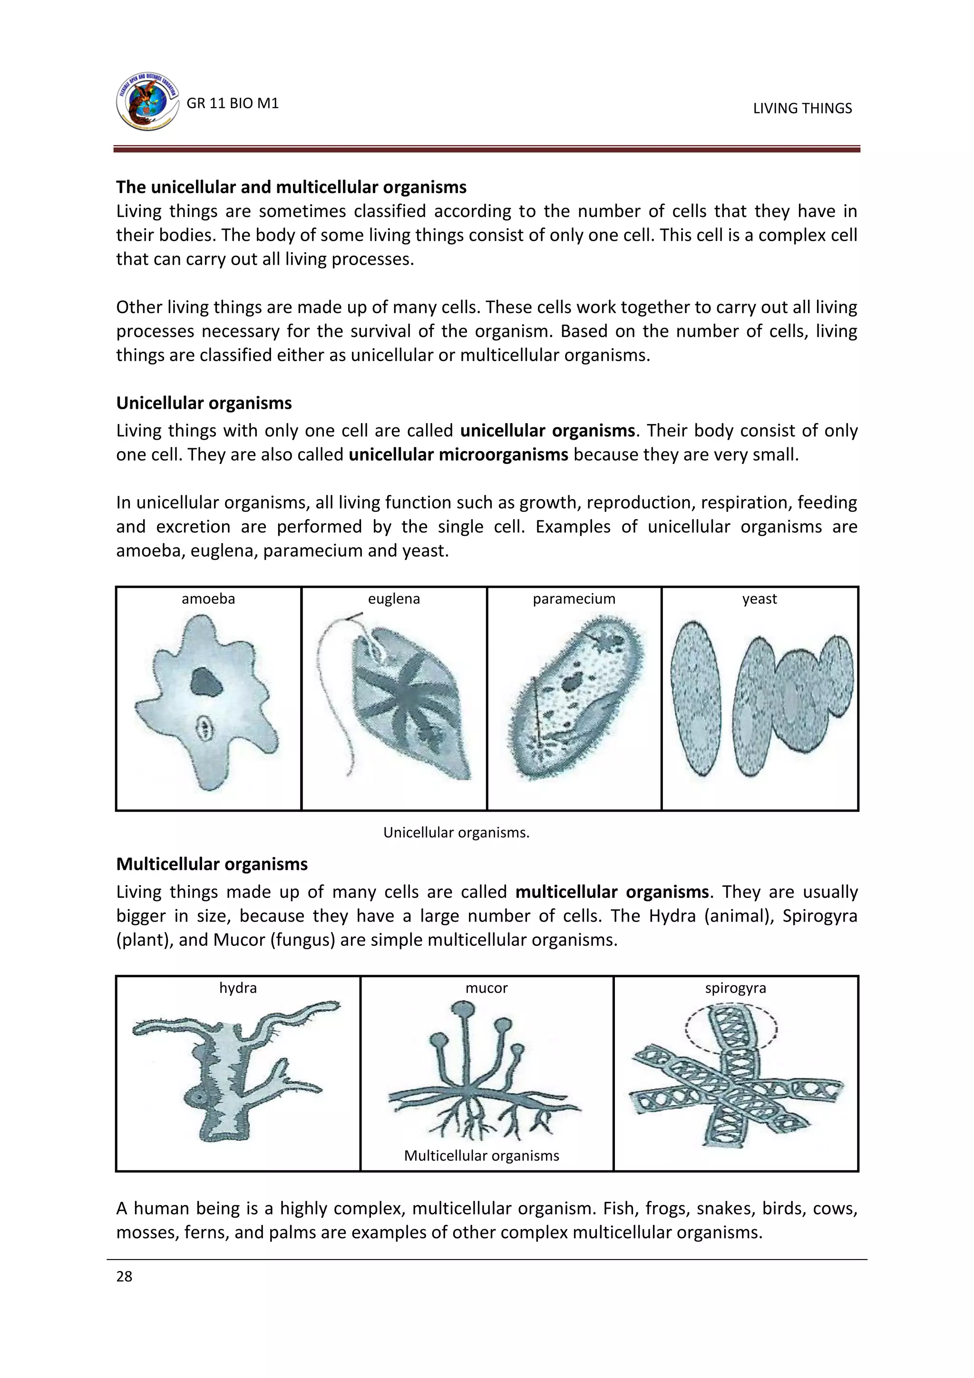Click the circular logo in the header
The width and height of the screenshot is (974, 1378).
[147, 103]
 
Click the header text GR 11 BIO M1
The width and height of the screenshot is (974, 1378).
[233, 103]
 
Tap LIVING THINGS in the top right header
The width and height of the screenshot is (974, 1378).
[802, 108]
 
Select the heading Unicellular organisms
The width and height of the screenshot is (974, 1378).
[204, 404]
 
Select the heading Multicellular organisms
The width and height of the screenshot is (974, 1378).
[212, 864]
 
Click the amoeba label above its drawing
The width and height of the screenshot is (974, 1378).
[208, 599]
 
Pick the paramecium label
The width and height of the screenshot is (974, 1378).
[574, 599]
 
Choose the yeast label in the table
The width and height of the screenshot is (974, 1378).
[760, 599]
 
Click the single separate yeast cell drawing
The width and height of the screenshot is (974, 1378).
[695, 699]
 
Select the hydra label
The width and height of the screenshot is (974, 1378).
[238, 988]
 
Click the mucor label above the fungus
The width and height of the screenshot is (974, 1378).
[487, 988]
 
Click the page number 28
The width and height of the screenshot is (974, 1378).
[124, 1277]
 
